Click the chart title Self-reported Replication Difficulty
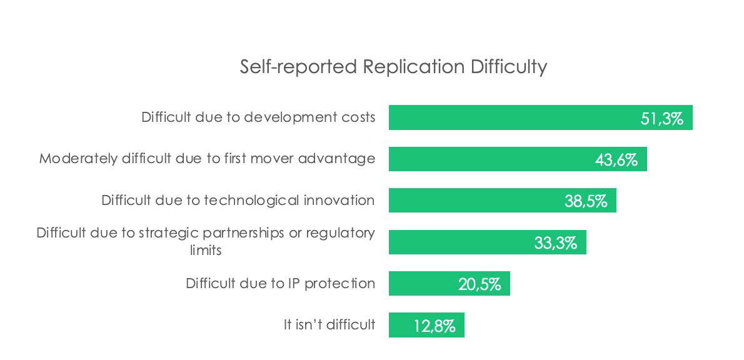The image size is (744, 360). [393, 67]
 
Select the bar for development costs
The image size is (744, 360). [540, 117]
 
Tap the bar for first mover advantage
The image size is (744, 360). [518, 159]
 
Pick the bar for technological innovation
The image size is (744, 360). [503, 200]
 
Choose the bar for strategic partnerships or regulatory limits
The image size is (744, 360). [487, 242]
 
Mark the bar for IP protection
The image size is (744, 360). [450, 283]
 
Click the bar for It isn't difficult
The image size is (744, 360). [426, 325]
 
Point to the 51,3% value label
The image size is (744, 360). [662, 119]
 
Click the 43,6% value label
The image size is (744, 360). [616, 161]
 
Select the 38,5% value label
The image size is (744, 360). [586, 202]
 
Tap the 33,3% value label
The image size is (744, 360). [556, 243]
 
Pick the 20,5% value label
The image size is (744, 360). [480, 284]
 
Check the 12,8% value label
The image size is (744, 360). [435, 326]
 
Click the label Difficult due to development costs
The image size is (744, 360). [259, 117]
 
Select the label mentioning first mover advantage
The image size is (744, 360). [208, 158]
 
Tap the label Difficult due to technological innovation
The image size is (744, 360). [238, 200]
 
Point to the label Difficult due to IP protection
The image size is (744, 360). [281, 283]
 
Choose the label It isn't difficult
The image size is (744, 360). [329, 324]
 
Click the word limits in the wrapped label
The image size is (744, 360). [206, 250]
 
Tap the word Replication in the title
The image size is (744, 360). [415, 67]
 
